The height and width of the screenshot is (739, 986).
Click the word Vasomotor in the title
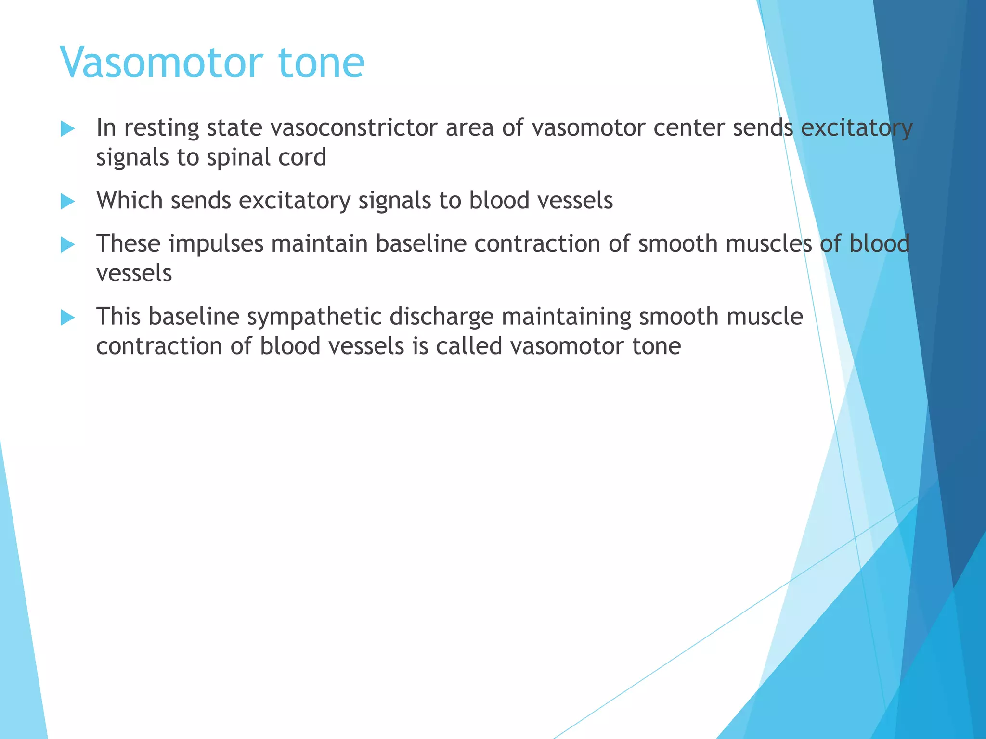(x=161, y=63)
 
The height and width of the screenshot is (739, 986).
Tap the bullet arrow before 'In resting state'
(x=68, y=129)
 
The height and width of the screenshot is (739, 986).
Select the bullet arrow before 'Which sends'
(x=68, y=202)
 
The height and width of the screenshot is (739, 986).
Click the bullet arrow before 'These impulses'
(x=68, y=245)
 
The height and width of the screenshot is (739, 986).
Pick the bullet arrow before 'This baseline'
(x=68, y=318)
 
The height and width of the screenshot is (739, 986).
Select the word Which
(x=130, y=200)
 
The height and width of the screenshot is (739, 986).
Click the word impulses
(x=216, y=244)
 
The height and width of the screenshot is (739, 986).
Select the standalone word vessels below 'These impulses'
(x=134, y=274)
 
